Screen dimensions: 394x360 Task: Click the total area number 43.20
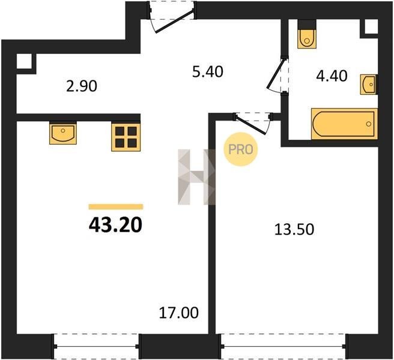click(115, 224)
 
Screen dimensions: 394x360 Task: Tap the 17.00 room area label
click(178, 313)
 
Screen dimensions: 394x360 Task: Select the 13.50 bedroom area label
click(294, 229)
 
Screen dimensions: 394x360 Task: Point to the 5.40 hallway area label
click(208, 71)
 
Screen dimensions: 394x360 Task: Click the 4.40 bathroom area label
click(332, 76)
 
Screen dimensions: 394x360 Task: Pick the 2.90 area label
click(82, 86)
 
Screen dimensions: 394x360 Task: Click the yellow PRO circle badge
click(241, 149)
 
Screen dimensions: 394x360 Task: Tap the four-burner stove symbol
click(126, 137)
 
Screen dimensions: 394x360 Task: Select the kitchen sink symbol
click(63, 134)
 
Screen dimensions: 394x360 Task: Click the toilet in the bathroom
click(306, 38)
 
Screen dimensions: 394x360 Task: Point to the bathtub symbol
click(344, 124)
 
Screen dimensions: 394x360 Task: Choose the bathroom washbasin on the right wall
click(369, 85)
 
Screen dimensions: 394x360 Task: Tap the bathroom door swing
click(277, 76)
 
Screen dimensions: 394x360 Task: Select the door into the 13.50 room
click(253, 123)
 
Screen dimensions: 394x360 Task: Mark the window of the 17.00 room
click(97, 346)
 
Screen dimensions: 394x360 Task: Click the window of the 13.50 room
click(283, 346)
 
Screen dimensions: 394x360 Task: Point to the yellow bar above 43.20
click(116, 206)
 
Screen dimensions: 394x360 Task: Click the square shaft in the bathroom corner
click(371, 27)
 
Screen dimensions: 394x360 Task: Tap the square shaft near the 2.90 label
click(25, 61)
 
